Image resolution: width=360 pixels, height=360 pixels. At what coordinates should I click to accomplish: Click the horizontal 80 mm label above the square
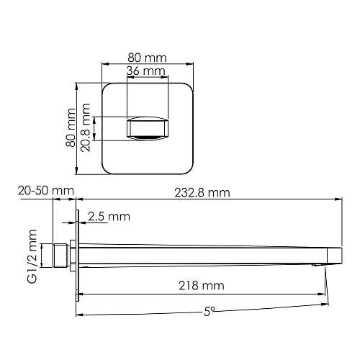point(148,57)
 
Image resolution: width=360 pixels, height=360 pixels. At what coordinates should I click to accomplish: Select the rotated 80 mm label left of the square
point(71,129)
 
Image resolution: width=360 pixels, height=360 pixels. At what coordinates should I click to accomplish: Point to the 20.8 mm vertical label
point(87,129)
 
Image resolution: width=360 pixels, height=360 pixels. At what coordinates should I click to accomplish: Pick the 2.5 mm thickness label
point(109,216)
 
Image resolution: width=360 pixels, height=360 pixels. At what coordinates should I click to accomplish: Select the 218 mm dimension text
point(202,286)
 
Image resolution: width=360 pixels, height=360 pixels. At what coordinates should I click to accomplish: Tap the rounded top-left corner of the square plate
point(105,89)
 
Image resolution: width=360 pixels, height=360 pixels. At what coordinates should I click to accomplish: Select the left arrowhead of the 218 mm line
point(80,294)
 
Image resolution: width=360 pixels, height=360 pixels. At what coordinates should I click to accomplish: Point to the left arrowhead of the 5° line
point(80,316)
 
